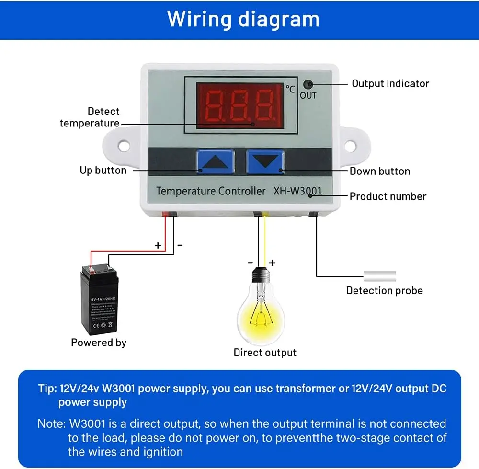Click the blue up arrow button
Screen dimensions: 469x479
[215, 162]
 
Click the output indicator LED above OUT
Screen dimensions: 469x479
[310, 84]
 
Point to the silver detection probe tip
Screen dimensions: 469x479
[380, 276]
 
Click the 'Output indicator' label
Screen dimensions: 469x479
[390, 83]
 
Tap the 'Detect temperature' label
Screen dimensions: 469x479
[90, 117]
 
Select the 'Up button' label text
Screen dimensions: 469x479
[103, 170]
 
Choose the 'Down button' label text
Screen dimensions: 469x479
[379, 171]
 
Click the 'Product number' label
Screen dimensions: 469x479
[388, 196]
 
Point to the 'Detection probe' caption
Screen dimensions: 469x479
[384, 290]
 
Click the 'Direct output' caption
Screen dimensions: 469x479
[265, 353]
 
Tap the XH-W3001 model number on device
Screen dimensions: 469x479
[297, 191]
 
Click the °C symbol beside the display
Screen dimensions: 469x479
[290, 89]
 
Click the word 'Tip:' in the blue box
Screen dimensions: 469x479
[47, 388]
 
